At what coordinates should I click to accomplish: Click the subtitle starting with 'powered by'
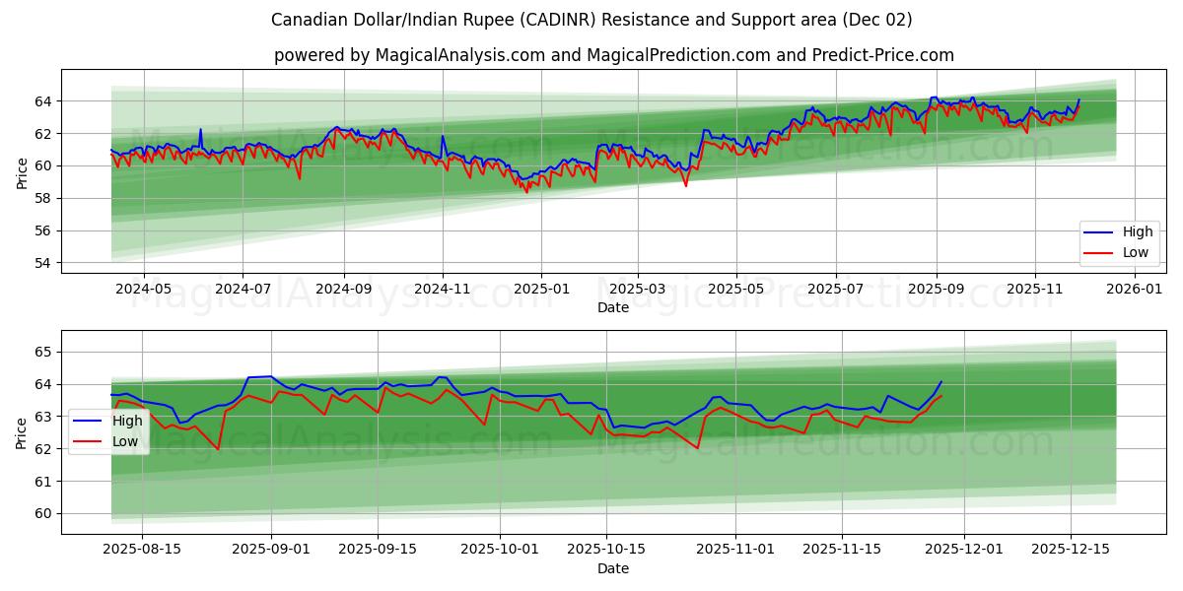(x=613, y=55)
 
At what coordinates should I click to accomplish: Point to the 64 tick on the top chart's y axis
(x=42, y=101)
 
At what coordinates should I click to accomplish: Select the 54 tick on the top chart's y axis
(x=42, y=263)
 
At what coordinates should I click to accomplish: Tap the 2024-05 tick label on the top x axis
(x=143, y=290)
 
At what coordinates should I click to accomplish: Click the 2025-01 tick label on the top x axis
(x=540, y=290)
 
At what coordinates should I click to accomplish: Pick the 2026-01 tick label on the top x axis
(x=1135, y=290)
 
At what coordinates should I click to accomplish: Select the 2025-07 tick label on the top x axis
(x=835, y=290)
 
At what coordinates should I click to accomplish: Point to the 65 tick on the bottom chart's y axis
(x=42, y=352)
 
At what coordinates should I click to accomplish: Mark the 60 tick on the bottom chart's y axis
(x=42, y=513)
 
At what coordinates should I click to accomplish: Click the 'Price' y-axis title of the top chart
(x=22, y=172)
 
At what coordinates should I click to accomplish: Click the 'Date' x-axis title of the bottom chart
(x=613, y=568)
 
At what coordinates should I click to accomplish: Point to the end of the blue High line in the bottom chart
(x=941, y=381)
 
